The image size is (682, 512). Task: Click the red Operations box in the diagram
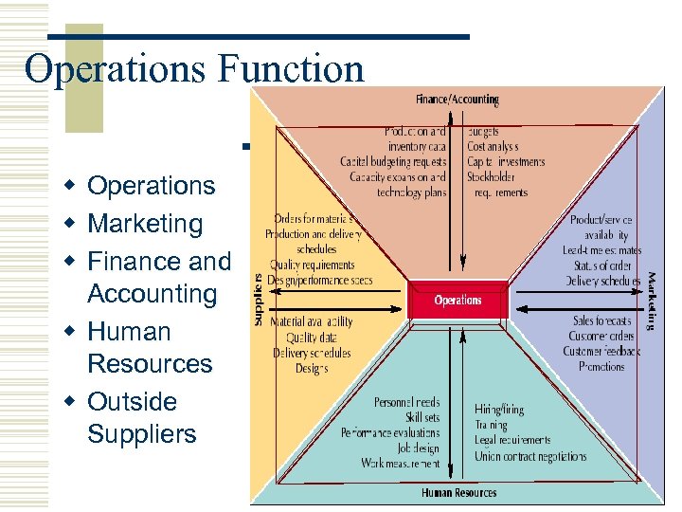[x=458, y=301]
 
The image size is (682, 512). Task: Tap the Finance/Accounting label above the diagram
[x=458, y=100]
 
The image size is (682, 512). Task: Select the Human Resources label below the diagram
[x=458, y=493]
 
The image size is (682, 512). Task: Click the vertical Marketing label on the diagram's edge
[x=652, y=301]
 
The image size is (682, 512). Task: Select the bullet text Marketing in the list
[x=145, y=224]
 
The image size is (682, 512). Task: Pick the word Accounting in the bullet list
[x=152, y=294]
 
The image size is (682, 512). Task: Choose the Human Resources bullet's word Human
[x=129, y=332]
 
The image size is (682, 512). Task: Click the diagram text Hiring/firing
[x=499, y=410]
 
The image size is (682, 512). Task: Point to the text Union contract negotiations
[x=529, y=456]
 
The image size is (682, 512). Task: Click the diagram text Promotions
[x=601, y=366]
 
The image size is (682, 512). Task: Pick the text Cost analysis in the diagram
[x=493, y=147]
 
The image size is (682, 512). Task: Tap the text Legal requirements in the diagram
[x=512, y=441]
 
